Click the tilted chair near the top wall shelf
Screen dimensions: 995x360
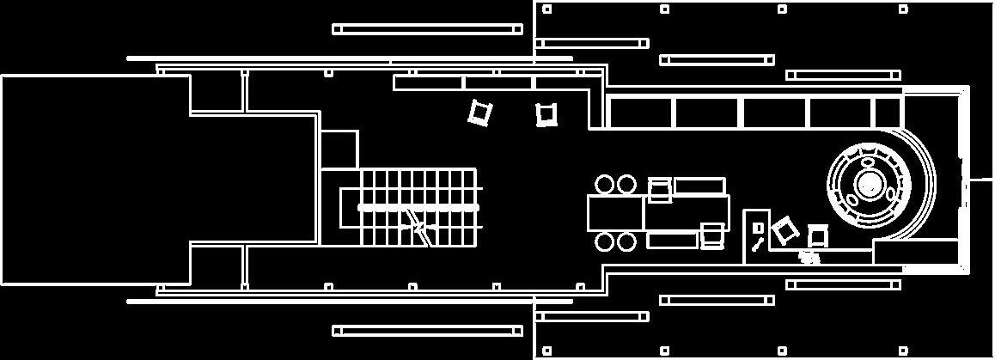point(480,112)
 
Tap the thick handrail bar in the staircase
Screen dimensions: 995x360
point(418,208)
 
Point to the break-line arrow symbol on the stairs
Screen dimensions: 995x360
point(418,227)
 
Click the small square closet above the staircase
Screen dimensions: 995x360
point(339,149)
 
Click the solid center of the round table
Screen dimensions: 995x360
point(870,184)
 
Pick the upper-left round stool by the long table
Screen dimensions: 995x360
point(605,184)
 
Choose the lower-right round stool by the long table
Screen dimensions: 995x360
point(626,241)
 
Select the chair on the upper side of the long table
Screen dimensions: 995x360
point(660,190)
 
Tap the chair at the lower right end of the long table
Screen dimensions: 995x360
point(712,235)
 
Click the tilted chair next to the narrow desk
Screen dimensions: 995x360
point(783,230)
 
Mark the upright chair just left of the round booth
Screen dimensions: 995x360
point(817,235)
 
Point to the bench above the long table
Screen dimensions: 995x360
point(699,186)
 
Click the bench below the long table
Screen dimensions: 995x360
point(672,240)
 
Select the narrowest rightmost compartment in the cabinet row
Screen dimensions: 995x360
point(888,113)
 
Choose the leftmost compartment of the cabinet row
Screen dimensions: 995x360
point(641,113)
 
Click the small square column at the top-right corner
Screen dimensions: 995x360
point(903,9)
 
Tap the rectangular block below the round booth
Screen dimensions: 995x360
point(915,252)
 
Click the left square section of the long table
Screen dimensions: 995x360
point(615,212)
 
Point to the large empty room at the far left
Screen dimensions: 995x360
point(95,179)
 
